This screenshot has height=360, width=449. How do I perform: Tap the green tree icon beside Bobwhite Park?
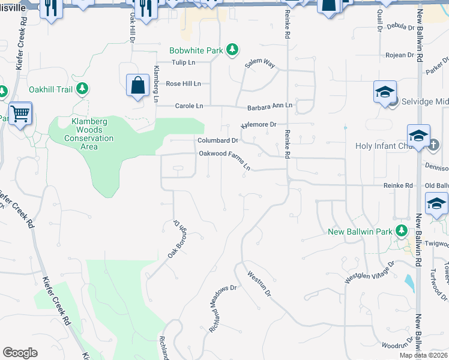233,50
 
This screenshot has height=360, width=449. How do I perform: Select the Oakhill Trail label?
50,90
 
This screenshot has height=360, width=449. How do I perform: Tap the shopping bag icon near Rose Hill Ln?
138,85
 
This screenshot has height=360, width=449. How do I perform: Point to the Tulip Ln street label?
184,62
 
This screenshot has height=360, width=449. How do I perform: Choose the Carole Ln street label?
189,106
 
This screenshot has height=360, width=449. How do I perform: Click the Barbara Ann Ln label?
270,106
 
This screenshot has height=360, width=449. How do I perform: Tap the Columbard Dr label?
218,140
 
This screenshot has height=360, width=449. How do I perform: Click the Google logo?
20,353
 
